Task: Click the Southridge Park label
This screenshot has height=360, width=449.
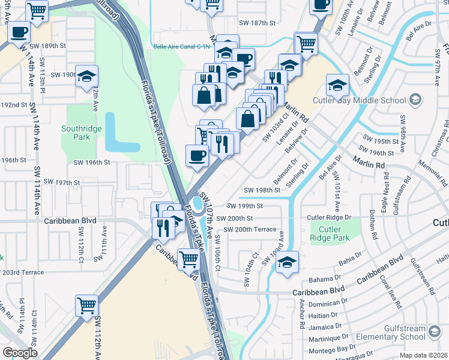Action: click(x=76, y=133)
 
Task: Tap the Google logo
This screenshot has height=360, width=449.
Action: click(x=20, y=353)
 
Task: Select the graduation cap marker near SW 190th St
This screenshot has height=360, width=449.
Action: click(x=87, y=76)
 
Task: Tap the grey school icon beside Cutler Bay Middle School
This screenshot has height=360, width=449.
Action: click(x=415, y=99)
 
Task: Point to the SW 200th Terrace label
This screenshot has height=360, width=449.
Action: click(x=250, y=230)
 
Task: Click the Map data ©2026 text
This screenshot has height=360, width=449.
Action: click(x=423, y=355)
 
